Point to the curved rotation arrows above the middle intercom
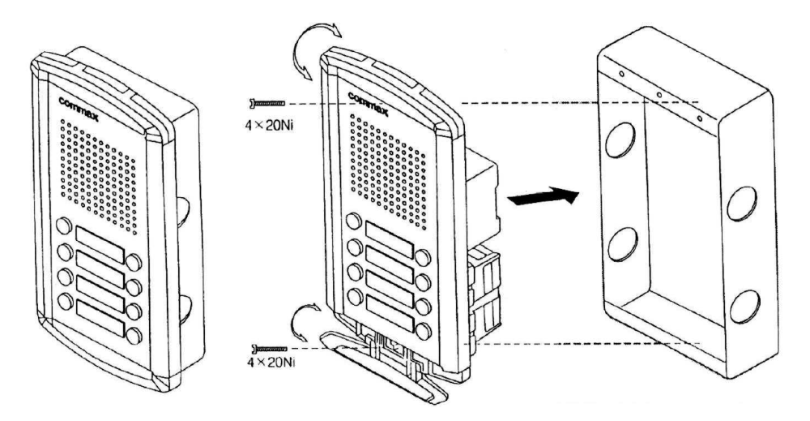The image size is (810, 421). pyautogui.click(x=318, y=50)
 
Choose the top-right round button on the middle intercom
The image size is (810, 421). pyautogui.click(x=423, y=257)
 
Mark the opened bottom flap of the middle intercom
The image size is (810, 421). pyautogui.click(x=380, y=372)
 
